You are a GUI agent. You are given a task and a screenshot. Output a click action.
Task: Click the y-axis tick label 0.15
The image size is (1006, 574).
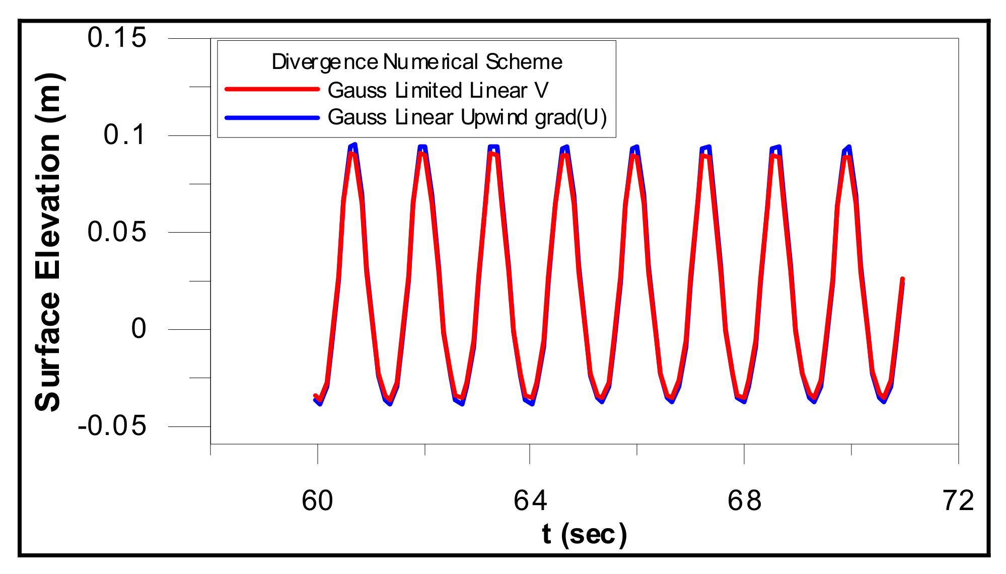pyautogui.click(x=117, y=38)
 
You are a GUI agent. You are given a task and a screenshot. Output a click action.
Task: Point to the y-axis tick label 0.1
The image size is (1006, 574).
pyautogui.click(x=124, y=135)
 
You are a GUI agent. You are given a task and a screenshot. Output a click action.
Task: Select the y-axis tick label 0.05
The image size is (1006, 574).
pyautogui.click(x=117, y=232)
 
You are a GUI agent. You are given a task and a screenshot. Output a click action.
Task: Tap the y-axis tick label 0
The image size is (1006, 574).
pyautogui.click(x=138, y=329)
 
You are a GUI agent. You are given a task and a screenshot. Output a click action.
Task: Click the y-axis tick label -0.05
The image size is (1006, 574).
pyautogui.click(x=112, y=426)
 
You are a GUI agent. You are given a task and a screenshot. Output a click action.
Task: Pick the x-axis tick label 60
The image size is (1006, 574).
pyautogui.click(x=317, y=501)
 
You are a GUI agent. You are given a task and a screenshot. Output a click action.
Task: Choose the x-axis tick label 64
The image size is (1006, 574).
pyautogui.click(x=530, y=501)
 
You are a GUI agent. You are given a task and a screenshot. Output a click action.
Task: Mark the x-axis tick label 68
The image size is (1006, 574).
pyautogui.click(x=744, y=501)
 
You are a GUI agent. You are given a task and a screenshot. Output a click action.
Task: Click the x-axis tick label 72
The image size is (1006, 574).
pyautogui.click(x=958, y=501)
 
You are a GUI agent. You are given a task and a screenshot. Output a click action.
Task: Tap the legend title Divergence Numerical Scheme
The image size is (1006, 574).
pyautogui.click(x=416, y=62)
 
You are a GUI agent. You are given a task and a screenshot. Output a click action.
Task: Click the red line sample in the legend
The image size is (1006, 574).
pyautogui.click(x=272, y=90)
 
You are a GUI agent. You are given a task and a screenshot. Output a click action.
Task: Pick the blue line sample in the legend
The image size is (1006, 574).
pyautogui.click(x=272, y=118)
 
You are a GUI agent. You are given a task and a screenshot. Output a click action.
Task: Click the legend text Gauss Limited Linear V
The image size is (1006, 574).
pyautogui.click(x=438, y=91)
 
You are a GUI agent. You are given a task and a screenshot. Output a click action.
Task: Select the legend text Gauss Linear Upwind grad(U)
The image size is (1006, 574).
pyautogui.click(x=467, y=117)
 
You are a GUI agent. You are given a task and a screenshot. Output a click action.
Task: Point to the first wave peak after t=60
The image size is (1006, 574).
pyautogui.click(x=353, y=151)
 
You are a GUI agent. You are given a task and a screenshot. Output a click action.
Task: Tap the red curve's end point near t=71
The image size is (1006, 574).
pyautogui.click(x=902, y=279)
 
